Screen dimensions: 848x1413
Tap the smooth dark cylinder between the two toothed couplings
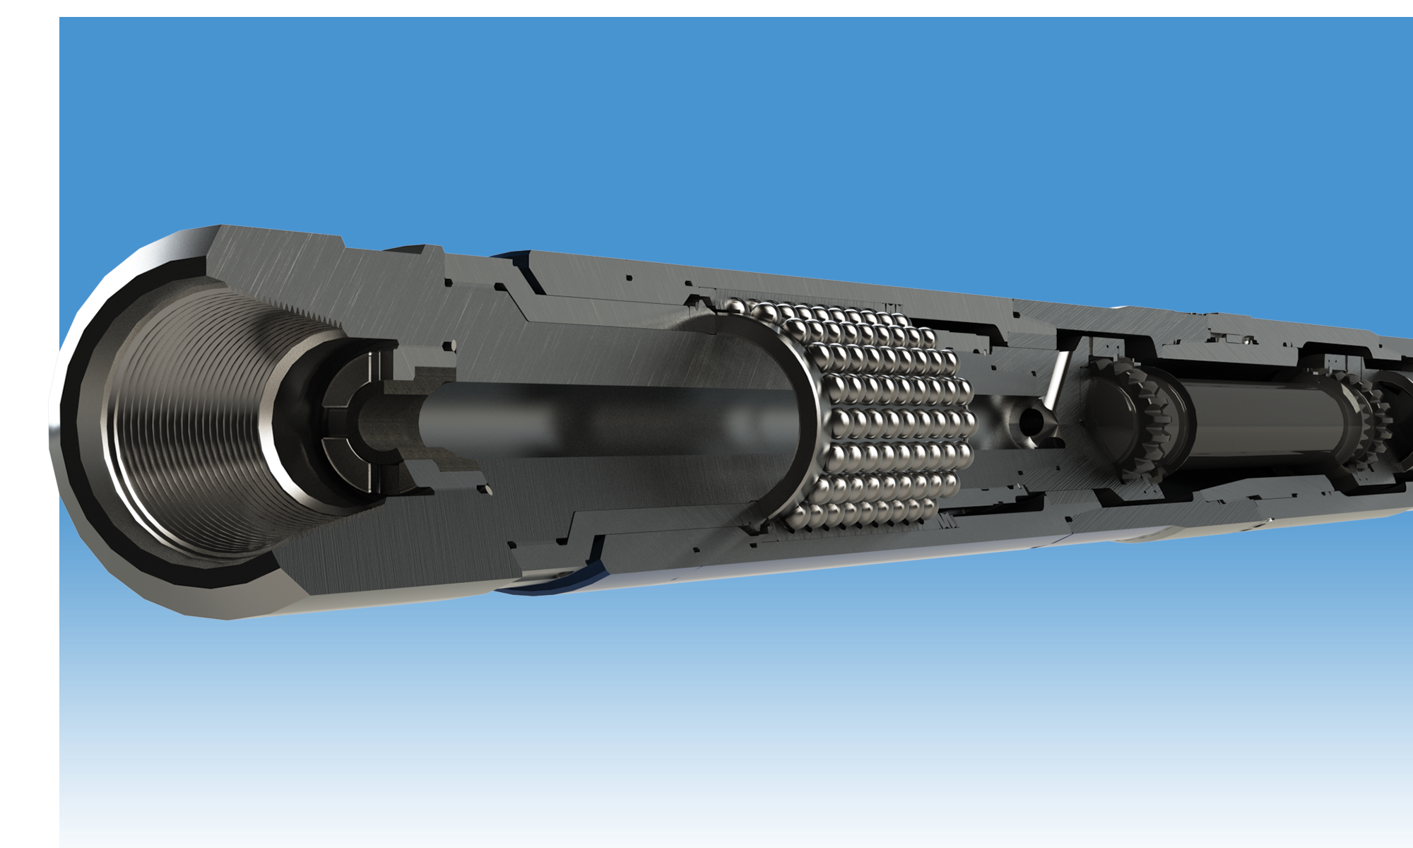coord(1265,424)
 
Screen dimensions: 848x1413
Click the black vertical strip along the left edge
coord(28,424)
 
